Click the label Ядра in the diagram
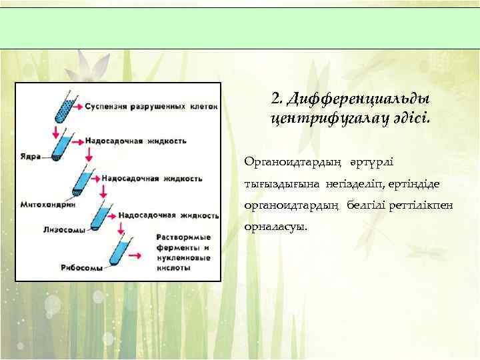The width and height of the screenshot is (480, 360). coord(30,158)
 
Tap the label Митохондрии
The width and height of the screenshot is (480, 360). coord(47,204)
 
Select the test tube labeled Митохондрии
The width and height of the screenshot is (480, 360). coord(83,183)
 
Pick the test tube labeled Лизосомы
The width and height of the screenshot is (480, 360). coord(101,217)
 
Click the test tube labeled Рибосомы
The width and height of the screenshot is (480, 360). coord(121,253)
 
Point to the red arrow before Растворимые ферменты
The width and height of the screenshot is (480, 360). coord(134,255)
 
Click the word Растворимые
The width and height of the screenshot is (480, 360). coord(183,237)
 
